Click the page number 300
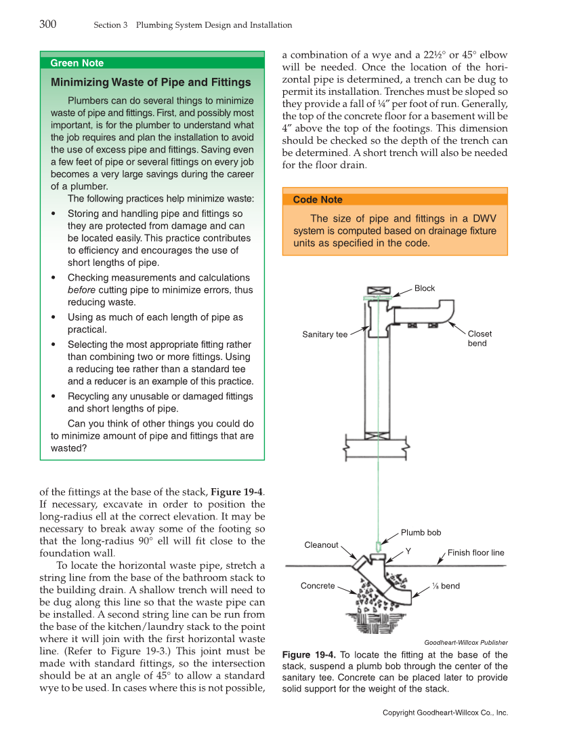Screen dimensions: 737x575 point(47,24)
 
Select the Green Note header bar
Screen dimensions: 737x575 point(152,63)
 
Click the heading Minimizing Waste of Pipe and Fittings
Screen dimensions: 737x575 point(150,83)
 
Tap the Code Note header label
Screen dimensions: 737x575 point(318,200)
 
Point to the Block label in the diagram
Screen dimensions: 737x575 point(425,289)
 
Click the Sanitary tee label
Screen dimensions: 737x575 point(324,334)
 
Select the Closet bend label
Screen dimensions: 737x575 point(480,338)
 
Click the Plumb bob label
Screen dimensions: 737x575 point(421,533)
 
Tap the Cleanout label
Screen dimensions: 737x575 point(321,545)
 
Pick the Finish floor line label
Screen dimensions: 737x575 point(475,553)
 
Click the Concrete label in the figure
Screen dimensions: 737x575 point(318,586)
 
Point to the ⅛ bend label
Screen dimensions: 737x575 point(446,586)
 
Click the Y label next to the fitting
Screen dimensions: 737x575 point(408,551)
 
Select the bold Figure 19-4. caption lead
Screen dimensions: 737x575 point(309,655)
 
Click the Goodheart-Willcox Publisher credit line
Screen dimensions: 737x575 point(465,642)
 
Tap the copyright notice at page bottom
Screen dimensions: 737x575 point(445,713)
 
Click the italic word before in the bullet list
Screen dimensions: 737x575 point(81,290)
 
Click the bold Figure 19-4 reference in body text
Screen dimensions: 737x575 point(237,492)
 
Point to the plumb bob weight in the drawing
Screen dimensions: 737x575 point(378,546)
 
